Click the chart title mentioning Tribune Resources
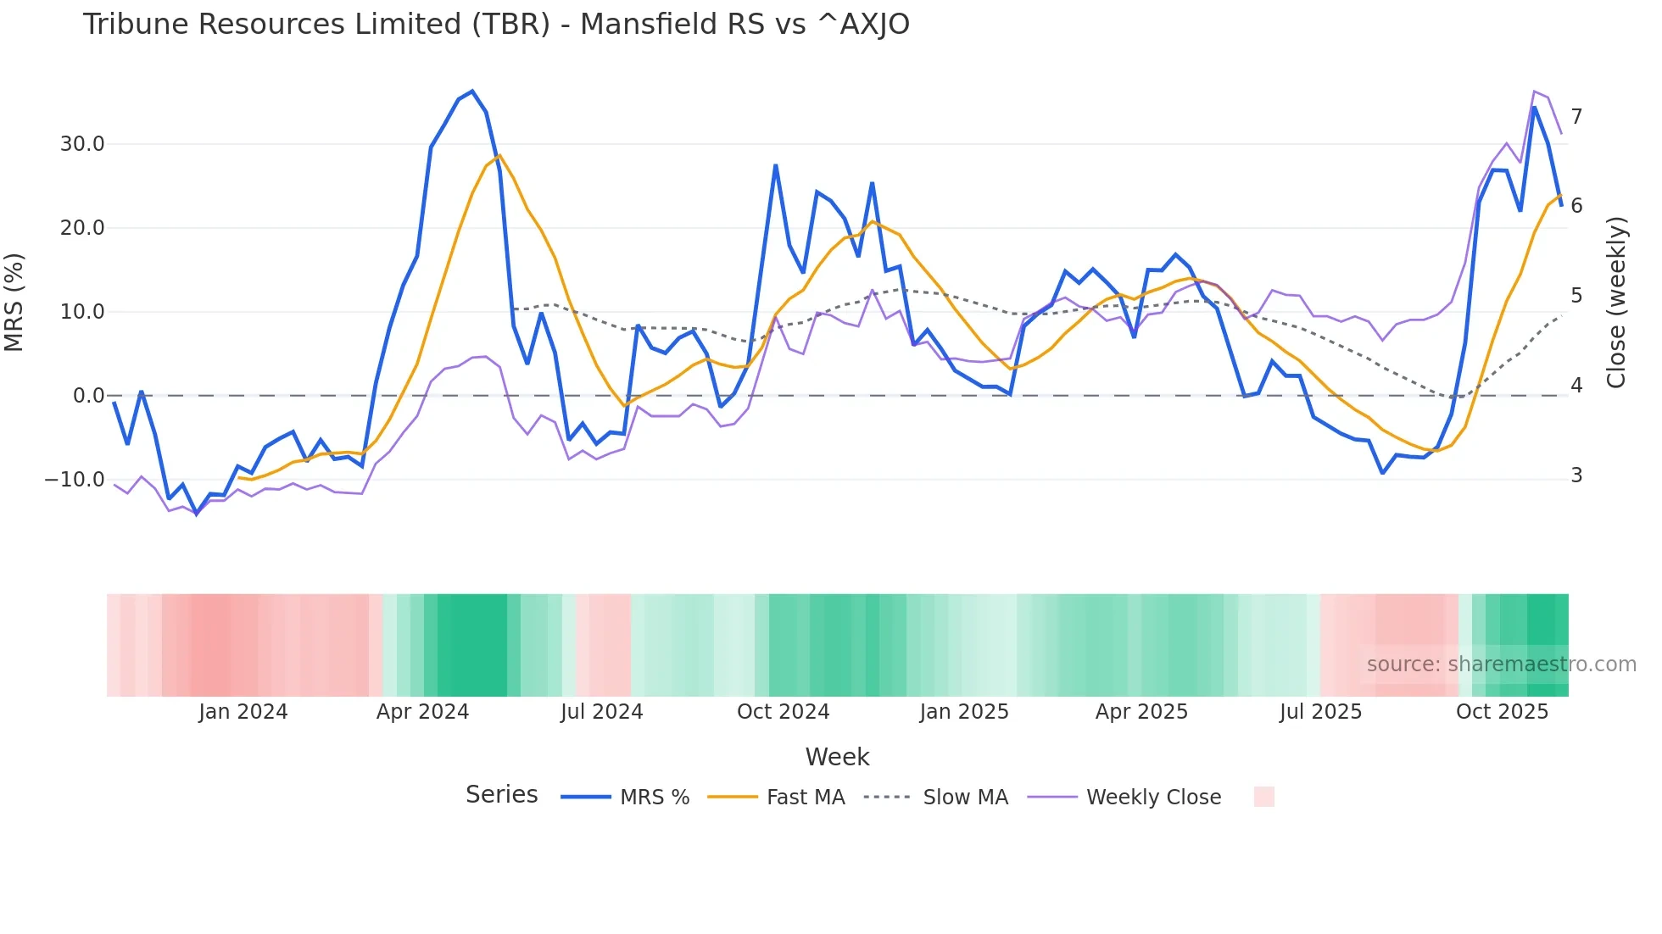(x=496, y=25)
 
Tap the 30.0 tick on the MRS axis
(x=82, y=144)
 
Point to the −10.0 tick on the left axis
(x=75, y=480)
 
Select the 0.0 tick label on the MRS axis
(x=88, y=396)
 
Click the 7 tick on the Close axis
(x=1576, y=117)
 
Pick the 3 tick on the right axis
(x=1576, y=475)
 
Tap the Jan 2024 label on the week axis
(x=243, y=712)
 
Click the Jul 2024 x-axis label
(x=602, y=712)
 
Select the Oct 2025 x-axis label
(x=1502, y=712)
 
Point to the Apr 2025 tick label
(x=1141, y=712)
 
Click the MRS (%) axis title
(x=14, y=302)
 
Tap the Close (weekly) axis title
(x=1617, y=303)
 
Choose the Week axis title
(x=837, y=757)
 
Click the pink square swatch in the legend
(x=1263, y=797)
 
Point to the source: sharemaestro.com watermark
(x=1501, y=664)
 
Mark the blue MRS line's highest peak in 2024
(x=472, y=92)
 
